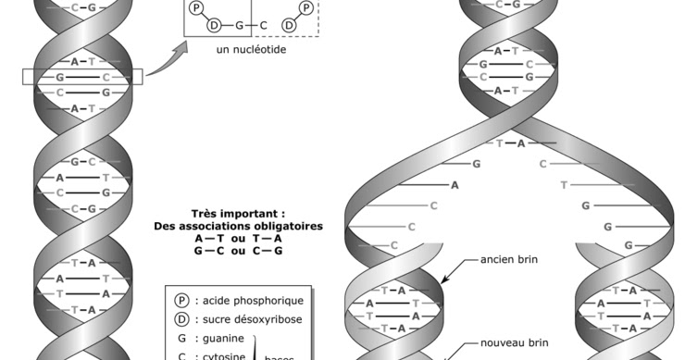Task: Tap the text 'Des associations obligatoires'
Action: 239,226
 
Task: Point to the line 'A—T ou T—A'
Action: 239,238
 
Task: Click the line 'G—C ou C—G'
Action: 239,251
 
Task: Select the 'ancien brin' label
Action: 509,260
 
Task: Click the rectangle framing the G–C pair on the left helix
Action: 82,77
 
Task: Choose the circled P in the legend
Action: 182,300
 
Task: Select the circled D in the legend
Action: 182,319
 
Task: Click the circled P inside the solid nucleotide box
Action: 196,7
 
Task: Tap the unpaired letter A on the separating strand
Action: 455,184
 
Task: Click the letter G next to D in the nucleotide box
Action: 239,24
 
